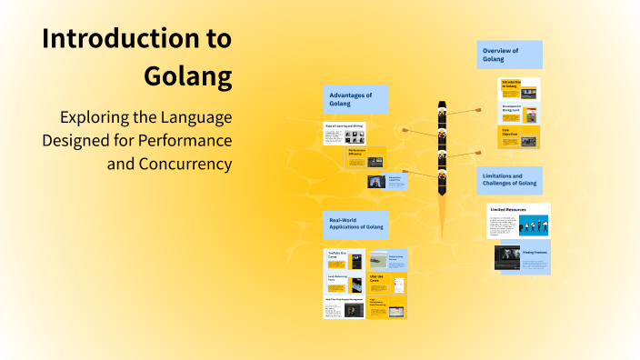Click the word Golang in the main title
coord(188,75)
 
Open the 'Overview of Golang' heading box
coord(509,55)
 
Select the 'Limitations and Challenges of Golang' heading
coord(509,180)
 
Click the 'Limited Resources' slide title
coord(510,209)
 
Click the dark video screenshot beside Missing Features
coord(507,257)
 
